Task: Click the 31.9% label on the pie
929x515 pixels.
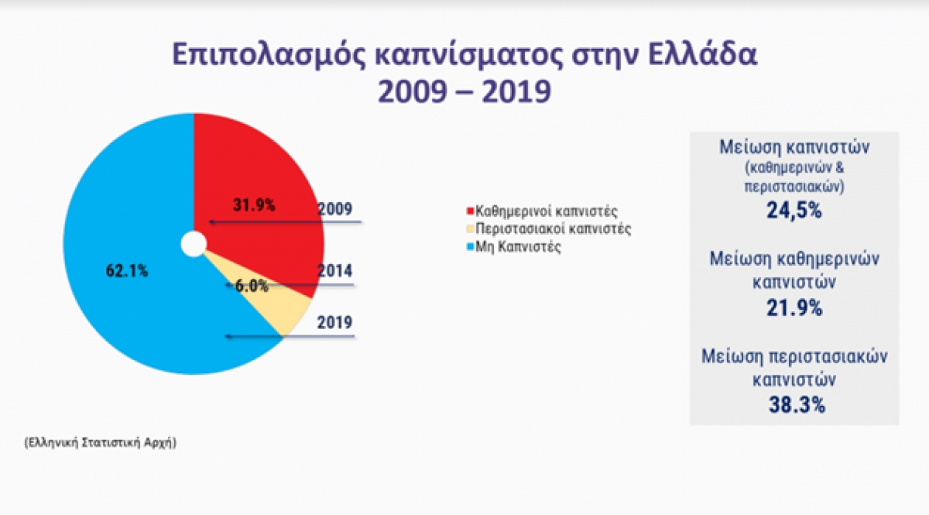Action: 254,205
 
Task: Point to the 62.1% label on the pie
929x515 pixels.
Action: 126,271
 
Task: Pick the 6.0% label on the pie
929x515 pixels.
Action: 252,286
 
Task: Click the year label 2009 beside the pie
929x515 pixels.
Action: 335,208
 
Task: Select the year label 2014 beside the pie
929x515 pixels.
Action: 335,271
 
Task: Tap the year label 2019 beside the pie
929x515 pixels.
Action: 335,322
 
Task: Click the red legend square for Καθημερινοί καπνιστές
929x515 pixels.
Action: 468,211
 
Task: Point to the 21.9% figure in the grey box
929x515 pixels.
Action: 794,307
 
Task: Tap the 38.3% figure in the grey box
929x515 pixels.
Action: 794,405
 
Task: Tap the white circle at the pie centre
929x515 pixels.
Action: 194,244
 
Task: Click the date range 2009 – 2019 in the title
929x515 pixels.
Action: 464,91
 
